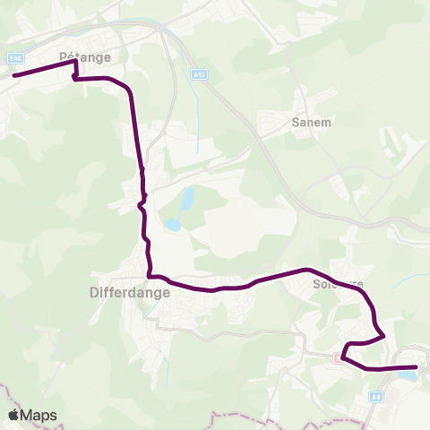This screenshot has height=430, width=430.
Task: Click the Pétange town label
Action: [84, 56]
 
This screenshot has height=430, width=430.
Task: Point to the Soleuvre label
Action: [338, 285]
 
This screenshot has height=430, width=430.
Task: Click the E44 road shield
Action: [14, 58]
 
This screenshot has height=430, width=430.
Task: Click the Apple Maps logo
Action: [32, 415]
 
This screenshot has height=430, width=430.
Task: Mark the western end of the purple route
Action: [13, 75]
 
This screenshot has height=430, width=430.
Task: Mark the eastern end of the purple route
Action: [417, 366]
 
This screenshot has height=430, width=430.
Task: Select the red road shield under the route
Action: [338, 357]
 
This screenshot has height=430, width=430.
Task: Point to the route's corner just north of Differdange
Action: [150, 275]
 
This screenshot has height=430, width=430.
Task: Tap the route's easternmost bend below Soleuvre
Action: [384, 335]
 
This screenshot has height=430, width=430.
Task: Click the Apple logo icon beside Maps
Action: [13, 415]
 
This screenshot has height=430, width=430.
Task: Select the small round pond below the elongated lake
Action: [171, 225]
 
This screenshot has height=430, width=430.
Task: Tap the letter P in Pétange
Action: [63, 56]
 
